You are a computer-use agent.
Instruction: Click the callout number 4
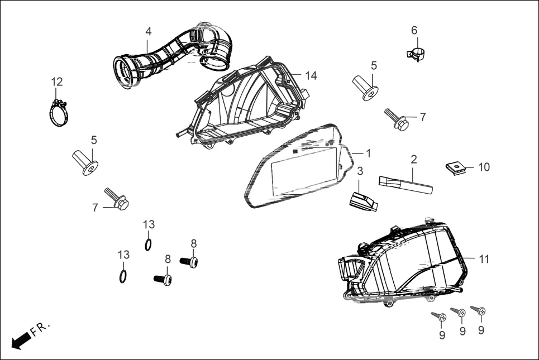coord(148,31)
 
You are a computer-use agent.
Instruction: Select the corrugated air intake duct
coord(168,56)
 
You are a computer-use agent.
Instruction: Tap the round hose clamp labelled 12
coord(57,114)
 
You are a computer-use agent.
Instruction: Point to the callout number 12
coord(57,82)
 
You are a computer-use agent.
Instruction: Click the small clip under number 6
coord(414,54)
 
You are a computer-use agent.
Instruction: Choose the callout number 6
coord(414,30)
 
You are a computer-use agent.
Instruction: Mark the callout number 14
coord(311,75)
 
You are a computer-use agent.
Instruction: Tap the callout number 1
coord(368,152)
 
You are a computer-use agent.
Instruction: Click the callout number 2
coord(414,159)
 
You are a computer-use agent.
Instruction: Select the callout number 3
coord(360,171)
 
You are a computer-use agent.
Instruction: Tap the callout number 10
coord(484,167)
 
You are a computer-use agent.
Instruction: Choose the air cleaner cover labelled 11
coord(402,262)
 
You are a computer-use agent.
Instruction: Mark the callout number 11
coord(484,259)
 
